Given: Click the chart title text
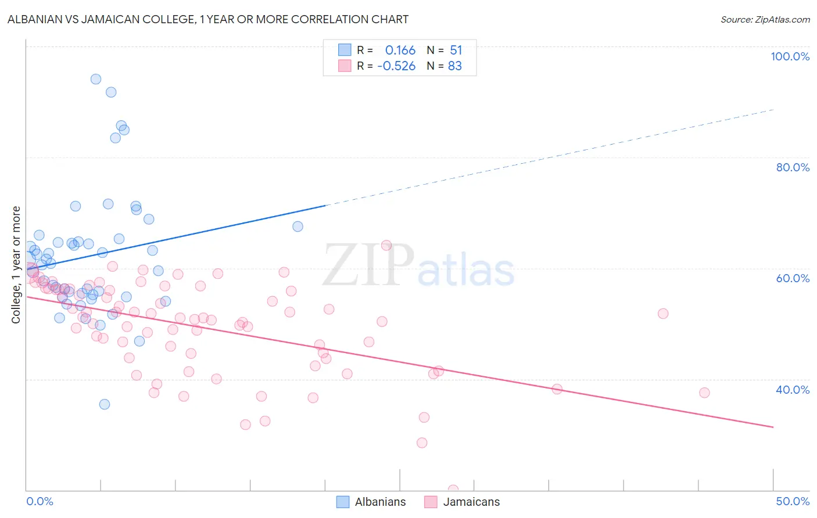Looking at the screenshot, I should click(x=208, y=19).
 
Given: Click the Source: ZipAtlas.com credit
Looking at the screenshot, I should click(x=765, y=19).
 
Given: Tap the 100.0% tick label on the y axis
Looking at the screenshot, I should click(x=790, y=56).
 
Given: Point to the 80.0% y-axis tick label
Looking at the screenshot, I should click(x=792, y=167).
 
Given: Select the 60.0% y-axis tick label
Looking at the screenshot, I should click(x=792, y=278).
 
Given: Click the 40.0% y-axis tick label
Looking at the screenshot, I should click(x=792, y=390).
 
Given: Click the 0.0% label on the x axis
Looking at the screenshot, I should click(x=40, y=501).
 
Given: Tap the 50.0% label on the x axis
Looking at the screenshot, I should click(x=792, y=501).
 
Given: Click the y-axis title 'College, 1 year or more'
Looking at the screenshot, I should click(x=16, y=265).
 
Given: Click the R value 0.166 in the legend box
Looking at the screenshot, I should click(x=400, y=51).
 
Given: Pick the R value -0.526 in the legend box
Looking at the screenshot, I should click(x=396, y=66).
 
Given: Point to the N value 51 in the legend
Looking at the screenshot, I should click(x=456, y=51).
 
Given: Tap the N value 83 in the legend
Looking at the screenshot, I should click(x=454, y=66).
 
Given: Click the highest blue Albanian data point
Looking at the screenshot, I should click(x=96, y=79).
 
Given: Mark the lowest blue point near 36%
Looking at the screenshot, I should click(x=105, y=404).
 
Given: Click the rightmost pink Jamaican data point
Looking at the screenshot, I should click(x=704, y=393).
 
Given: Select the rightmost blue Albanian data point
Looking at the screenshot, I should click(x=298, y=226).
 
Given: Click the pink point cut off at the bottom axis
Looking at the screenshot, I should click(x=453, y=490).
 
